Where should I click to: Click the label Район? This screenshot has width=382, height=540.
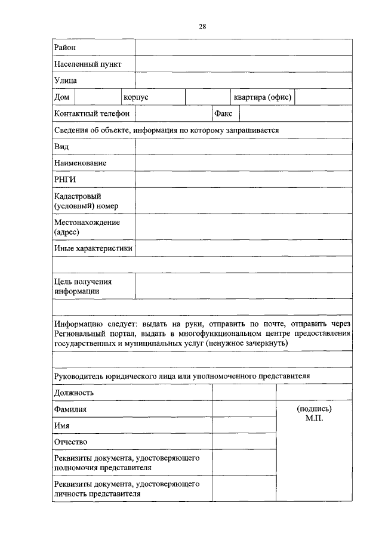(x=64, y=47)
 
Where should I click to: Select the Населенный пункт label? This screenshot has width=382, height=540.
(x=87, y=64)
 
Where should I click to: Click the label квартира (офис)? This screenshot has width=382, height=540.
(x=262, y=97)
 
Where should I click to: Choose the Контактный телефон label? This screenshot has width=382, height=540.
(x=91, y=113)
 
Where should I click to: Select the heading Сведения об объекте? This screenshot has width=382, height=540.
(x=167, y=129)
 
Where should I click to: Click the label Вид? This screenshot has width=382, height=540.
(x=61, y=146)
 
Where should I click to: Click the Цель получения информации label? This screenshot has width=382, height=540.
(x=83, y=286)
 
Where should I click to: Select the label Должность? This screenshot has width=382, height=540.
(x=73, y=393)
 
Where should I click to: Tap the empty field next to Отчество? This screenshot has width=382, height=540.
(x=244, y=442)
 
